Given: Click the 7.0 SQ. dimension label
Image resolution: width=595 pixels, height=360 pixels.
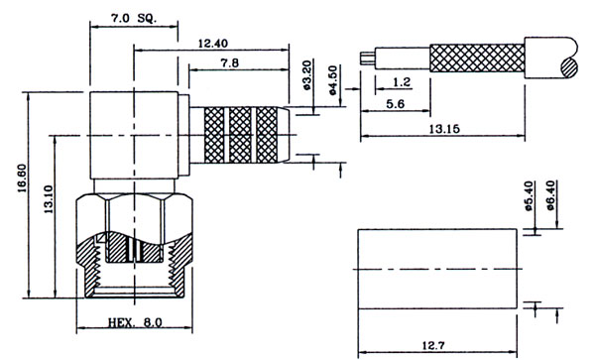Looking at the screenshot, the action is point(133,18).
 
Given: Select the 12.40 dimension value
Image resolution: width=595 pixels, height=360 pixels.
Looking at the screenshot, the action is point(213,44).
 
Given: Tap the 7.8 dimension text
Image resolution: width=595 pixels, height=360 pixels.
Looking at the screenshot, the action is point(230,62).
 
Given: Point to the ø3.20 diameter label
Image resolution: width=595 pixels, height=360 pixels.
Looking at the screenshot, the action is point(307,75).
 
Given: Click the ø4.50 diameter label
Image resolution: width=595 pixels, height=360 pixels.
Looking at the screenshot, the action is point(333,80).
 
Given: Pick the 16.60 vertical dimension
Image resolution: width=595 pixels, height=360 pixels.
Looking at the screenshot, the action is point(22,179).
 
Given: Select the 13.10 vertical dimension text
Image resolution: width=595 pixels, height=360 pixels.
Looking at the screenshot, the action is point(49,198).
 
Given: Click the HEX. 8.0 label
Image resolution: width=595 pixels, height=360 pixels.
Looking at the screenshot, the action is point(135,323).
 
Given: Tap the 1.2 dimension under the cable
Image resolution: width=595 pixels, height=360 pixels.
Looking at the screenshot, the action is point(402,82).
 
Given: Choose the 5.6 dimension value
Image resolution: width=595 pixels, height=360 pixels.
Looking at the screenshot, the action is point(396,103).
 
